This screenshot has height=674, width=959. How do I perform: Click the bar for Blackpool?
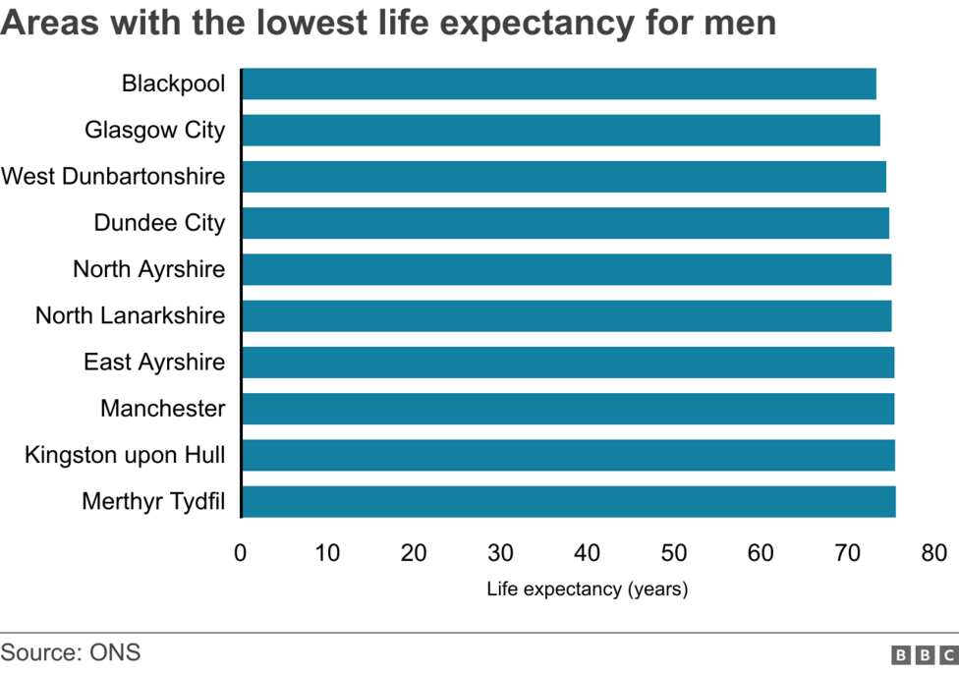click(x=558, y=84)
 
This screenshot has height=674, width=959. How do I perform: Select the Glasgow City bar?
click(x=560, y=130)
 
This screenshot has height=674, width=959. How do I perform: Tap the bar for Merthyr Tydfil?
click(x=568, y=501)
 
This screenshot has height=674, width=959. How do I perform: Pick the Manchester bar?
click(x=567, y=409)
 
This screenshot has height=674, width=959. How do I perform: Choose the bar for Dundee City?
click(x=565, y=223)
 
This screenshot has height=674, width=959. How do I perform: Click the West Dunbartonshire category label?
click(x=113, y=177)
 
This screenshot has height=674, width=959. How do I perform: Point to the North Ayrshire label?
click(x=148, y=269)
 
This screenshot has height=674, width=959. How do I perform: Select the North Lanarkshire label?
click(x=130, y=315)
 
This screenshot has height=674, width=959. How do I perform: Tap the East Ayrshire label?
click(x=153, y=363)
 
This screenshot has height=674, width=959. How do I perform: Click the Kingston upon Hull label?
click(x=125, y=455)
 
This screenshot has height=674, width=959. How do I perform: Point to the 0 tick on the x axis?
click(x=240, y=553)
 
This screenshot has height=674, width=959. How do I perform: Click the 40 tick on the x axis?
click(x=587, y=553)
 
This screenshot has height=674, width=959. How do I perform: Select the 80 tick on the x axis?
click(x=933, y=553)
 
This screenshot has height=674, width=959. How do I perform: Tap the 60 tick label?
click(x=761, y=553)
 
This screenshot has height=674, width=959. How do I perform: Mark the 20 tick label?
click(x=414, y=553)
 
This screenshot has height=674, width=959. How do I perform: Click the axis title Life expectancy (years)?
click(x=587, y=590)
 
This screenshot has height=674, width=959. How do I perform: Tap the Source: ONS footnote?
click(x=71, y=652)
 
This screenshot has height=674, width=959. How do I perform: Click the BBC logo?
click(x=924, y=654)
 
